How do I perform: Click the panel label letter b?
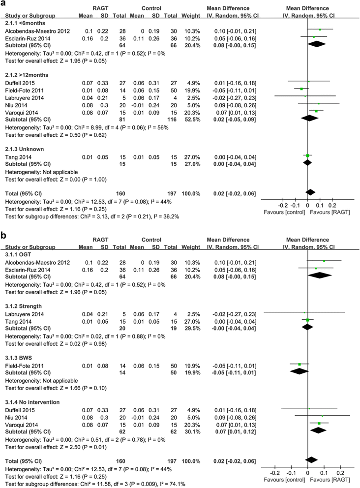click(x=4, y=236)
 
